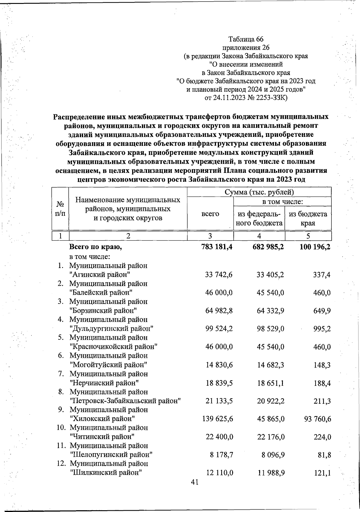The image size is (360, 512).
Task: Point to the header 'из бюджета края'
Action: (308, 218)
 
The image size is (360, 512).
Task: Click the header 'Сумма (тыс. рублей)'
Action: (259, 192)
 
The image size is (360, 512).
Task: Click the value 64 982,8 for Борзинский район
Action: (219, 310)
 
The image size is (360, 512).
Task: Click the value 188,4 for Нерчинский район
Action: (322, 383)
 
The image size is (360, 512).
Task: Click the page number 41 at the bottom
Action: (195, 482)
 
